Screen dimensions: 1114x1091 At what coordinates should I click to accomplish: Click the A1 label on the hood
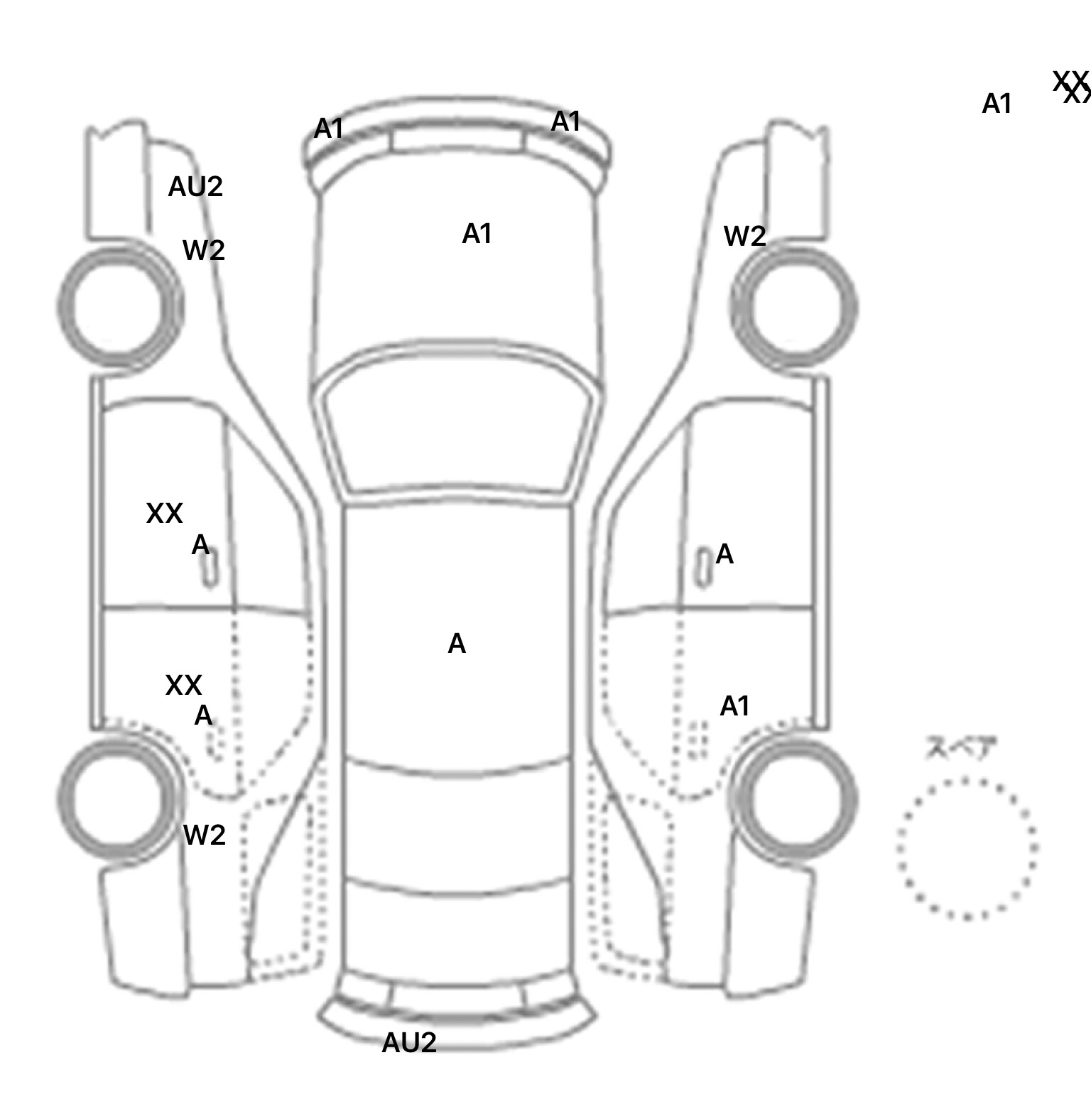(x=477, y=234)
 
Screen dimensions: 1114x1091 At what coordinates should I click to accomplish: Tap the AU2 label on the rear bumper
(x=408, y=1042)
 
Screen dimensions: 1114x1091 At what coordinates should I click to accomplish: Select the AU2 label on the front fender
(x=195, y=187)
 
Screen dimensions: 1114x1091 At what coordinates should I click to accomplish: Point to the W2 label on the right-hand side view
(x=744, y=236)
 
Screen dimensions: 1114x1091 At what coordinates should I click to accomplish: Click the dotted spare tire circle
(x=967, y=848)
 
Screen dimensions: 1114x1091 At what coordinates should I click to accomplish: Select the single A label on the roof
(x=457, y=644)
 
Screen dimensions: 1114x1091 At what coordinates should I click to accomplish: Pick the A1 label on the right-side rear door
(x=734, y=706)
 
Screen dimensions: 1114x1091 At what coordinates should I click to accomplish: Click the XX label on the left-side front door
(x=164, y=513)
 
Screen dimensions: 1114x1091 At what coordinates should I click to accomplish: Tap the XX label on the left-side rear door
(x=183, y=686)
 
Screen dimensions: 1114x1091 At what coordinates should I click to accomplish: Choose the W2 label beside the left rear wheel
(x=204, y=835)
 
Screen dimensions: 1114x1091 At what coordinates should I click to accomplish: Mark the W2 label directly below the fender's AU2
(x=204, y=250)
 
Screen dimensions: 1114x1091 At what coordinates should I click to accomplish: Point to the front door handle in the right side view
(x=702, y=568)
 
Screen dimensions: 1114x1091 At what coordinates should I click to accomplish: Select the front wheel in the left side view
(x=119, y=307)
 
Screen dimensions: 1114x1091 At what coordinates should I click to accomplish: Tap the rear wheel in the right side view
(x=794, y=797)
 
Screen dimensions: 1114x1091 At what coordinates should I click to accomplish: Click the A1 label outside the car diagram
(x=996, y=104)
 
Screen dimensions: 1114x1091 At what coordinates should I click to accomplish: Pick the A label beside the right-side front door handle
(x=724, y=554)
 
